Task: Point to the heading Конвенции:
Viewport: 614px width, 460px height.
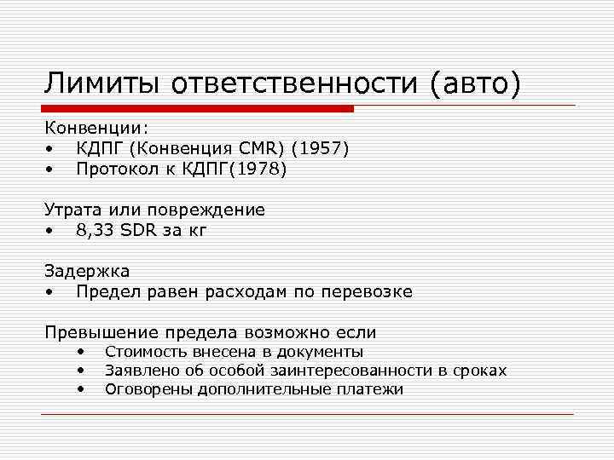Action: click(96, 128)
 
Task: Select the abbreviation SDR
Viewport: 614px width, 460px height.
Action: click(137, 230)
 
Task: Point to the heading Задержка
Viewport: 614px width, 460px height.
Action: click(87, 271)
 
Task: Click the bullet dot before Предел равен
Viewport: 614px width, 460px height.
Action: click(50, 292)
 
